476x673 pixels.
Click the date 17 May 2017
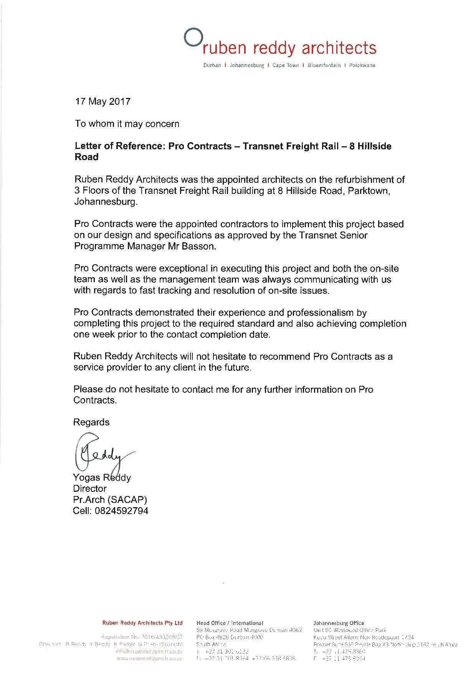pyautogui.click(x=102, y=102)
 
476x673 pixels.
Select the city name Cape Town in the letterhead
pyautogui.click(x=285, y=66)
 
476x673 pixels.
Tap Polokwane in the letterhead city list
pyautogui.click(x=362, y=66)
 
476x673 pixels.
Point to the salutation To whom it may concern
pyautogui.click(x=127, y=124)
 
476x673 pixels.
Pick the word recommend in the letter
pyautogui.click(x=286, y=357)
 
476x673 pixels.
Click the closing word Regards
pyautogui.click(x=91, y=422)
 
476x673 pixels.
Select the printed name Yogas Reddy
pyautogui.click(x=102, y=478)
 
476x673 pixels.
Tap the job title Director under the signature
pyautogui.click(x=90, y=489)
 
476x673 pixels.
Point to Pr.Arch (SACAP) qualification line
pyautogui.click(x=110, y=500)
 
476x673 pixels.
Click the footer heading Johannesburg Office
pyautogui.click(x=339, y=623)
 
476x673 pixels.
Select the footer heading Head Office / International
pyautogui.click(x=230, y=623)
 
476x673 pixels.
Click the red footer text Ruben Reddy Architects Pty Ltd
pyautogui.click(x=142, y=623)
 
